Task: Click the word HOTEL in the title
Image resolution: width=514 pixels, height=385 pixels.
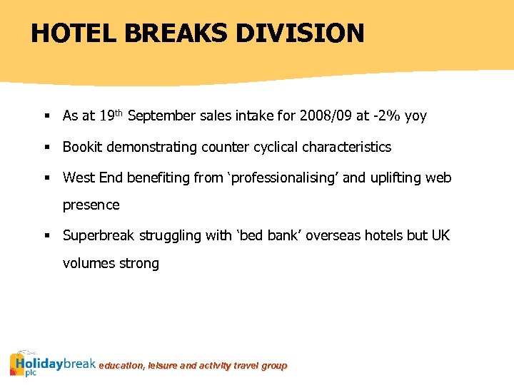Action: (68, 33)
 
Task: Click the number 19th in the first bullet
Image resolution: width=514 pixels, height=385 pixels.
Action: (111, 115)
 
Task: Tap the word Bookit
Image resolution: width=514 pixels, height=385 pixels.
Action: (83, 147)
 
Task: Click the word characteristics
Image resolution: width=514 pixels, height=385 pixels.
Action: (347, 147)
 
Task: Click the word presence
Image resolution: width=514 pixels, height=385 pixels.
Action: (91, 205)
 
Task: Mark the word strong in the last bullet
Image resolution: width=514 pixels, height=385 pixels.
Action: (140, 264)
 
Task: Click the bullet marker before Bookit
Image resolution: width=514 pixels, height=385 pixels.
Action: (45, 148)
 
